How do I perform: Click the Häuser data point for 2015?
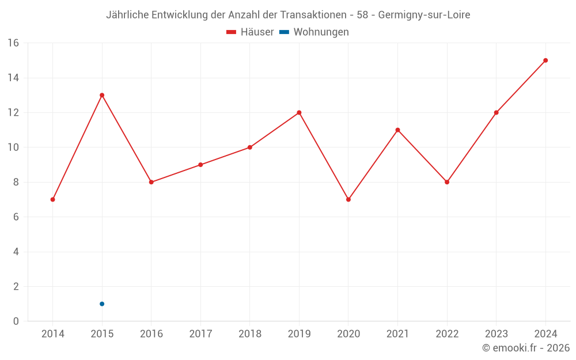102,95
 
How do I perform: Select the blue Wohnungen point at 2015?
102,304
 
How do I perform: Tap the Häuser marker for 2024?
545,60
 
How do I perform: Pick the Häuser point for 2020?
348,199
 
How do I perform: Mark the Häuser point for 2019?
299,112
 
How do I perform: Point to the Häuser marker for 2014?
52,199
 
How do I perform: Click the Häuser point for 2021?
397,130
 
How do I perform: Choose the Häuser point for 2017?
200,165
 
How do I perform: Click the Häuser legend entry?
251,32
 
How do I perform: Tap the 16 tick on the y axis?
13,43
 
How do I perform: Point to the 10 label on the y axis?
13,147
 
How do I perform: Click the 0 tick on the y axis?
16,321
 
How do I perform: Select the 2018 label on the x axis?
250,334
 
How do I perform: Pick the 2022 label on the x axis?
447,334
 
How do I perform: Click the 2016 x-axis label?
151,334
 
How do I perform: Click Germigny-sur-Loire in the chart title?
424,15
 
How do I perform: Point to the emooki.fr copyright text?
526,348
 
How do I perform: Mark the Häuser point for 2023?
496,112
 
